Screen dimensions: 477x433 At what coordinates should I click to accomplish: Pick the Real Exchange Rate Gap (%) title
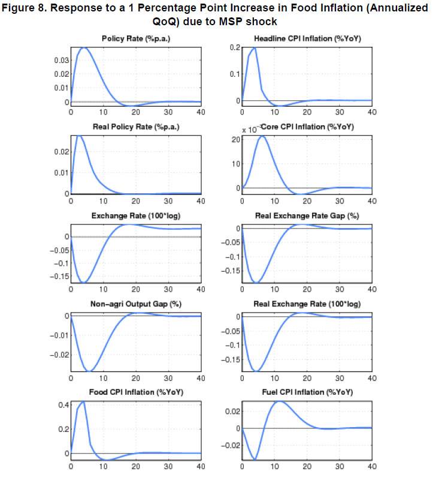pyautogui.click(x=306, y=215)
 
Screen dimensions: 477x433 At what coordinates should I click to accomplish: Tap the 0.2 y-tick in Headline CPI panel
pyautogui.click(x=234, y=47)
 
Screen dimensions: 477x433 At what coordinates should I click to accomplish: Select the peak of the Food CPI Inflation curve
pyautogui.click(x=83, y=401)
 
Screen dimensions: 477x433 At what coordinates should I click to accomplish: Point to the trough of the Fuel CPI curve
pyautogui.click(x=255, y=459)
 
